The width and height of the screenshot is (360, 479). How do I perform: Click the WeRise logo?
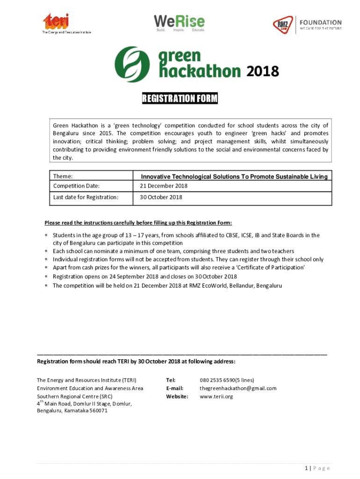[179, 23]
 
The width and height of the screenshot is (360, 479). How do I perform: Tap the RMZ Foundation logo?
[307, 24]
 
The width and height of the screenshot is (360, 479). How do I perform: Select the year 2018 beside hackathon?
[262, 72]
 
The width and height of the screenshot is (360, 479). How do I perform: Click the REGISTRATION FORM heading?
[180, 99]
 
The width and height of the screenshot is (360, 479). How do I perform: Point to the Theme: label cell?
[65, 176]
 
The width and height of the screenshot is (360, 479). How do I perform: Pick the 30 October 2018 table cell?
[161, 197]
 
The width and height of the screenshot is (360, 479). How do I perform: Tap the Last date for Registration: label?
[85, 197]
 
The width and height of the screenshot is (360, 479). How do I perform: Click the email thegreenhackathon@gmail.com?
[238, 388]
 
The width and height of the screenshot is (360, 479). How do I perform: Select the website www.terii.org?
[216, 397]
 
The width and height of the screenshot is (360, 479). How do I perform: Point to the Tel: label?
[171, 380]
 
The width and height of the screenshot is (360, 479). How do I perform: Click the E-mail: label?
[174, 388]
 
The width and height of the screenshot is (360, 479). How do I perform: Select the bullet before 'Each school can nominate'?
[46, 252]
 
